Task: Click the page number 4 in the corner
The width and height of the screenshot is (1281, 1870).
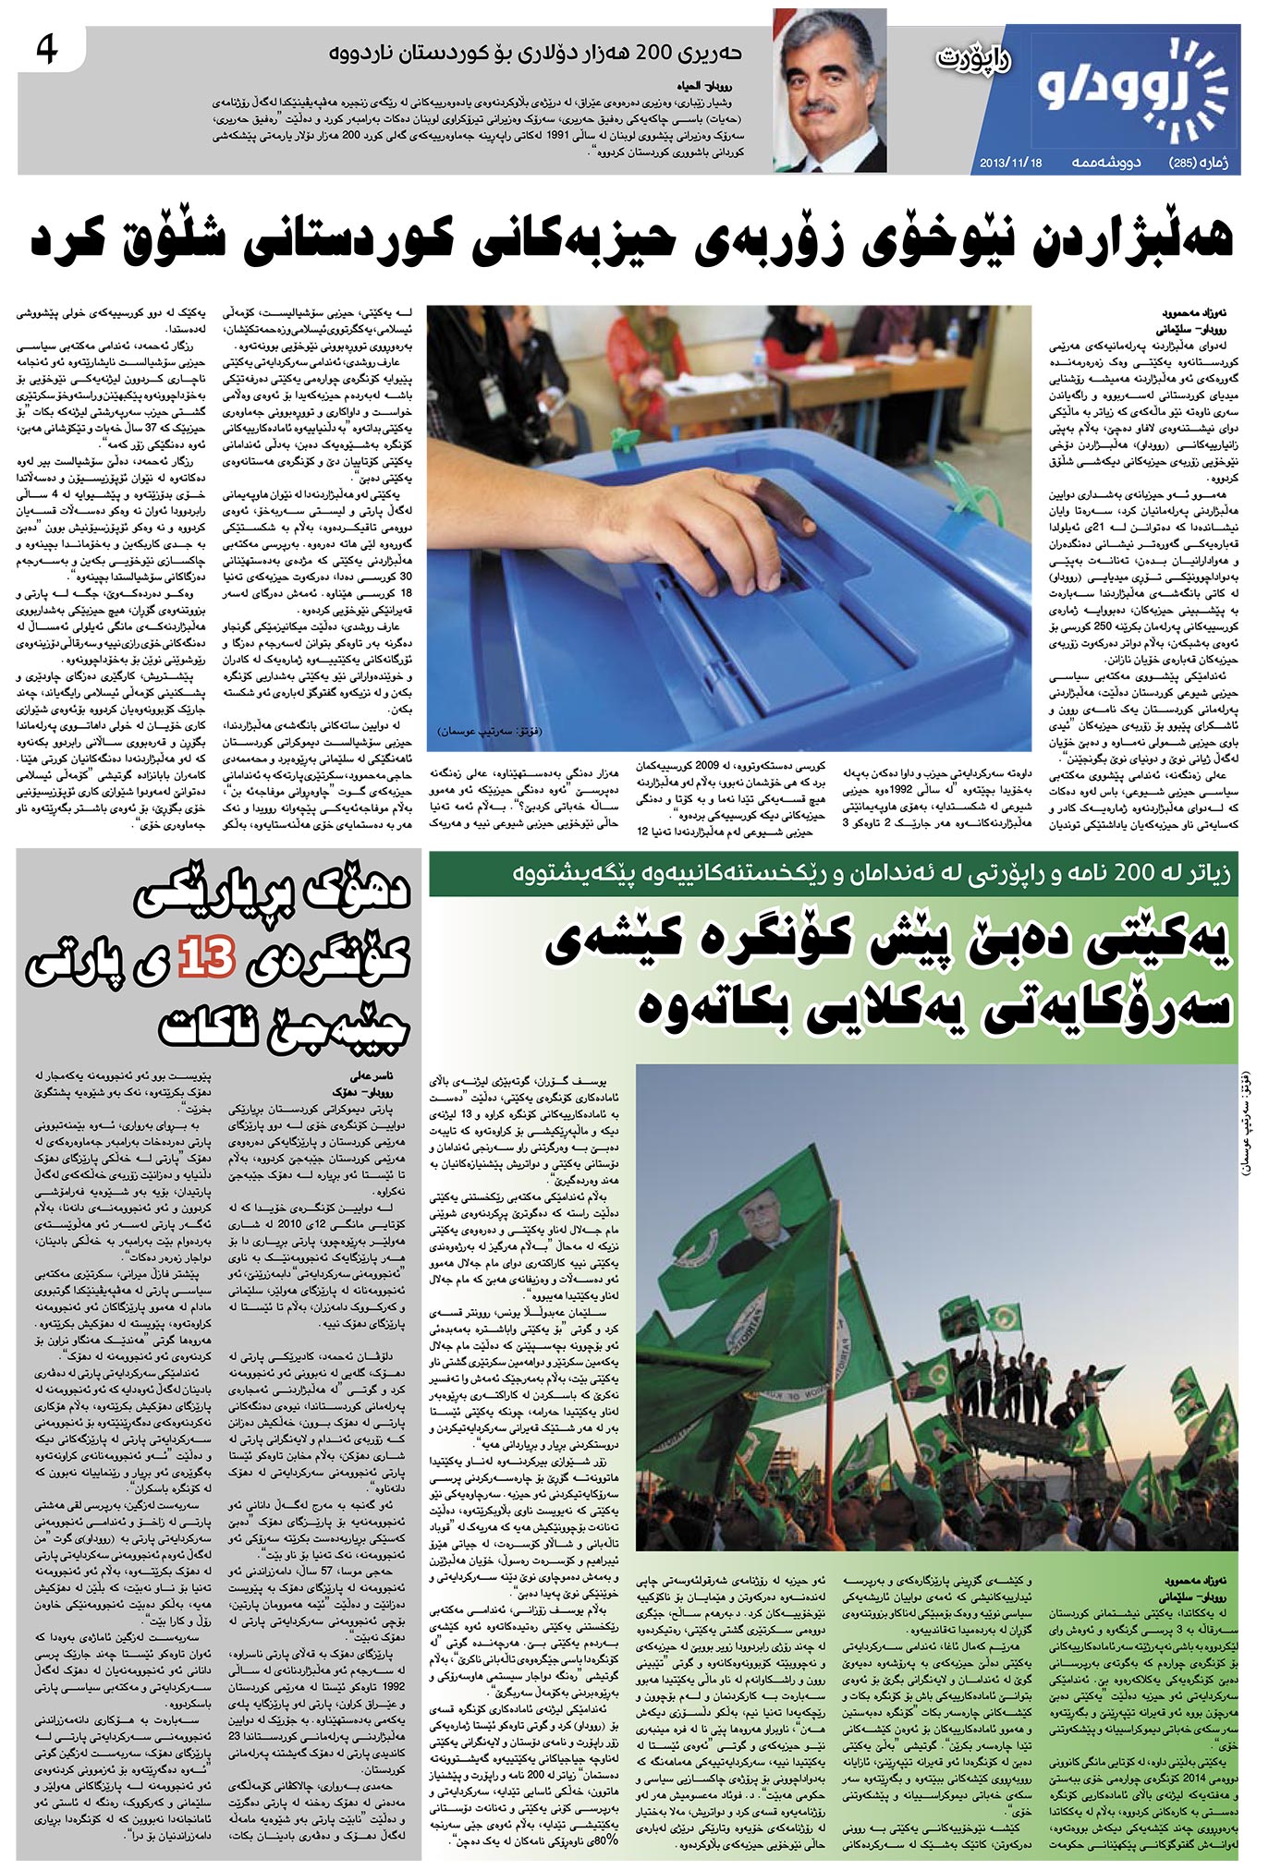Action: click(44, 49)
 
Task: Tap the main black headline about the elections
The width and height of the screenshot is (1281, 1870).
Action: click(632, 241)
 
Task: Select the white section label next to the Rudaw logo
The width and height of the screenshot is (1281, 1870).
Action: click(972, 60)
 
